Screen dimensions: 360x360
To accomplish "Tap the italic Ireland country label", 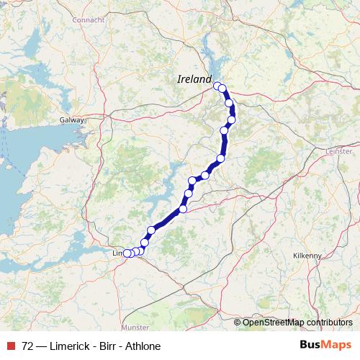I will click(x=194, y=79).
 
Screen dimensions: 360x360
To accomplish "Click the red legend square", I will click(x=10, y=346).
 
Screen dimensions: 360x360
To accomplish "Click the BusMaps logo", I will click(x=325, y=346).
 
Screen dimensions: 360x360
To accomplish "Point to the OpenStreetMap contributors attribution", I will click(x=297, y=323).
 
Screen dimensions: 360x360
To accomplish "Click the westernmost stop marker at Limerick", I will click(x=127, y=253).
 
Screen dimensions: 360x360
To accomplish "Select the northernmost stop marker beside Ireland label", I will click(x=217, y=86).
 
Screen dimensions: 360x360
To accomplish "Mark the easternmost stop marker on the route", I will click(x=231, y=120).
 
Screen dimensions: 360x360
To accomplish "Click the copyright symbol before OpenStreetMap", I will click(x=238, y=323).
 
